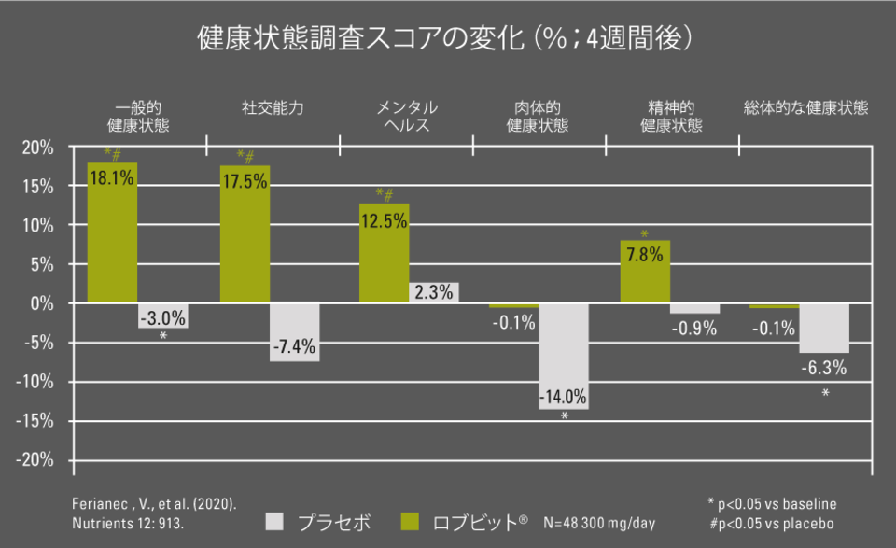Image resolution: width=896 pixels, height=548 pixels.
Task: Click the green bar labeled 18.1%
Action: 112,233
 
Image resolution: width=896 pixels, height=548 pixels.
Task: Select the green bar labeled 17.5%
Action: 245,238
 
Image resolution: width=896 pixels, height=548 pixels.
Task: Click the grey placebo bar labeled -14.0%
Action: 564,355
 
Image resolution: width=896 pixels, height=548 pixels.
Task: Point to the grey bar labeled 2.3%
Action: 434,292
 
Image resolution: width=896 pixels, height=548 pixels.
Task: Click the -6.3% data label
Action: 824,368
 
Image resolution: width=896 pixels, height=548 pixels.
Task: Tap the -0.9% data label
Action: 695,328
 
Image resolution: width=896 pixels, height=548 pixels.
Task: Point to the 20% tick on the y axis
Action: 38,148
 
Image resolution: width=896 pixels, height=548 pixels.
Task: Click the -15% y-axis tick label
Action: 35,421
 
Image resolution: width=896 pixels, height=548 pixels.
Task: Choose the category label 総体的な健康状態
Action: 805,108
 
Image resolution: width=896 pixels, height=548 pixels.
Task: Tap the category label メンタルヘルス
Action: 406,117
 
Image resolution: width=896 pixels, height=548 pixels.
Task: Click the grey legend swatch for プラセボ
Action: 274,521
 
